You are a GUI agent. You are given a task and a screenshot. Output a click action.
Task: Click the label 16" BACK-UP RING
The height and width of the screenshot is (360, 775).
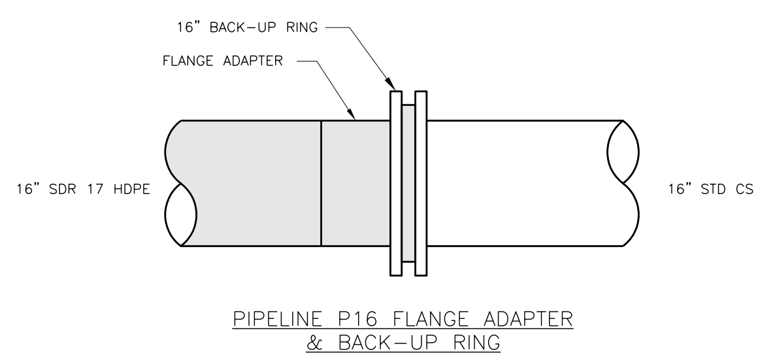coord(247,27)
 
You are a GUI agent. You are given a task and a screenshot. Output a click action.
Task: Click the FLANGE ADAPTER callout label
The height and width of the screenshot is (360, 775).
coord(222,61)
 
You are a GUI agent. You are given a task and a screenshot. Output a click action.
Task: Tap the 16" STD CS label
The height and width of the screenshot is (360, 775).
coord(711,189)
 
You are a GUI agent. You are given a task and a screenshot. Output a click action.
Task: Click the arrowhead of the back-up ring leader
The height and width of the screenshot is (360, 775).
coord(389,84)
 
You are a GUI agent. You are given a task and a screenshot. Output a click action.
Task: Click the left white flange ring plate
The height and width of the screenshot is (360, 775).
coord(396,183)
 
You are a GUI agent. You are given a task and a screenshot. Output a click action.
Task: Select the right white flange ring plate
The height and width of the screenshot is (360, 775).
coord(421,183)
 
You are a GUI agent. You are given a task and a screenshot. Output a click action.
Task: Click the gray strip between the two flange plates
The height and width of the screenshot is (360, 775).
coord(408,183)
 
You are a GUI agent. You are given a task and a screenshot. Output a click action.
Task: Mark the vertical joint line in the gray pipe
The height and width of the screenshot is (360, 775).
coord(322,183)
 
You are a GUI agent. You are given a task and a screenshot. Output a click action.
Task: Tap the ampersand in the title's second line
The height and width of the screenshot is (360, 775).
coord(315,342)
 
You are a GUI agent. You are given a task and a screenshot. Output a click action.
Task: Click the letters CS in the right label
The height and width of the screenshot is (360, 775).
coord(744,189)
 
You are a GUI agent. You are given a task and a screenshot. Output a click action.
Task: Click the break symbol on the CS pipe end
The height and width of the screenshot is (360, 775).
coord(623,183)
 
